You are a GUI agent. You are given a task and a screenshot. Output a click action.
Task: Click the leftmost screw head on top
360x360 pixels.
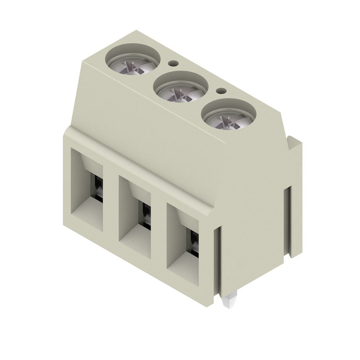point(133,64)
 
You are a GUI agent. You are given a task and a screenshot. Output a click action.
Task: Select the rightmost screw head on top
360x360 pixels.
point(228,119)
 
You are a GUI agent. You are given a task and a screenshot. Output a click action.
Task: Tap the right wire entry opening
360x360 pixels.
point(183,245)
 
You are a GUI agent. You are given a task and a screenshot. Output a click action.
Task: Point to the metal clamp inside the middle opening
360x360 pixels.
point(146,216)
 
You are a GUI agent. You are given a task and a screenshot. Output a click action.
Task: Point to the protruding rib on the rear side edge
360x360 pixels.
point(296,198)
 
